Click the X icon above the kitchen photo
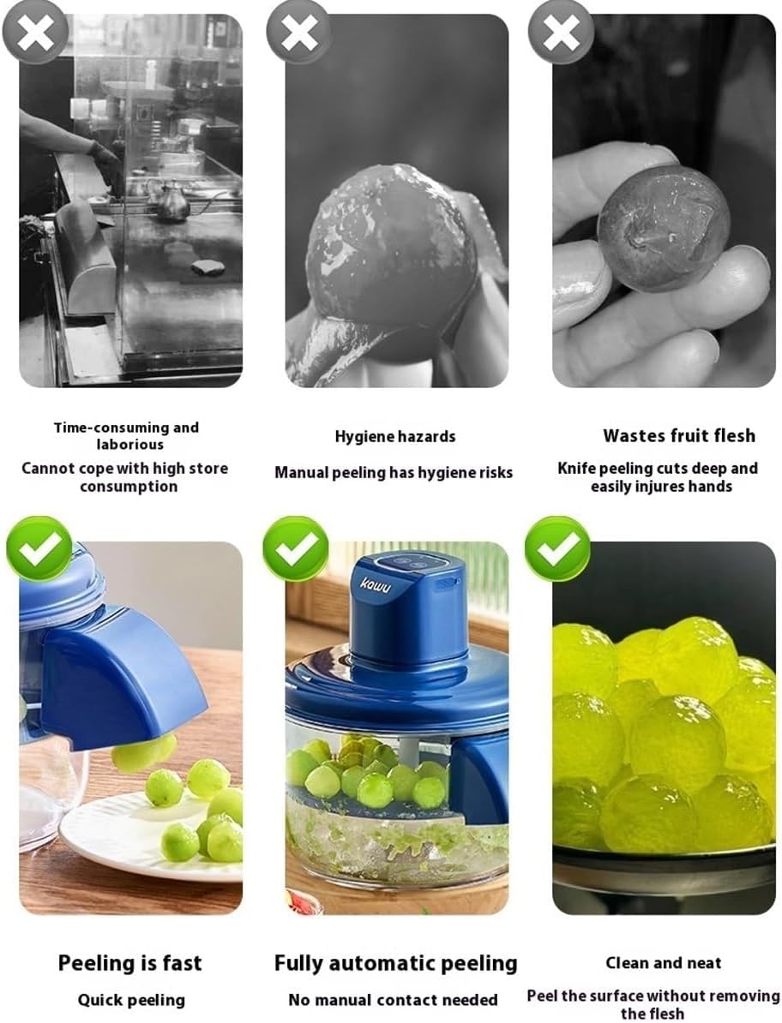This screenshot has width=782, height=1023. tap(35, 32)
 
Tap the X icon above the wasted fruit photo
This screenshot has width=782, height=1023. tap(560, 32)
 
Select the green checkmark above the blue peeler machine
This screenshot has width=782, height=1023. tap(296, 549)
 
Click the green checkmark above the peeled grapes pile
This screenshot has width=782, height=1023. tap(557, 549)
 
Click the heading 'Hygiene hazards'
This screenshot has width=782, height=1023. tap(395, 436)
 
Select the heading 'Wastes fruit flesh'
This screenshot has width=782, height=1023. tap(679, 435)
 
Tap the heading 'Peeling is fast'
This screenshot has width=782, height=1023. tap(130, 963)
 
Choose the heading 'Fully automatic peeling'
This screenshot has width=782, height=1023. tap(395, 963)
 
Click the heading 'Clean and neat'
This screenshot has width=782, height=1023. tap(664, 963)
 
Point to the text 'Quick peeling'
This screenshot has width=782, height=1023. tap(131, 1000)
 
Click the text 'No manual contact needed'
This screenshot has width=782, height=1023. tap(393, 1000)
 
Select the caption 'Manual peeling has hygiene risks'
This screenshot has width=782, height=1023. tap(394, 472)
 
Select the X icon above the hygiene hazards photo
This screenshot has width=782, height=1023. tap(298, 32)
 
